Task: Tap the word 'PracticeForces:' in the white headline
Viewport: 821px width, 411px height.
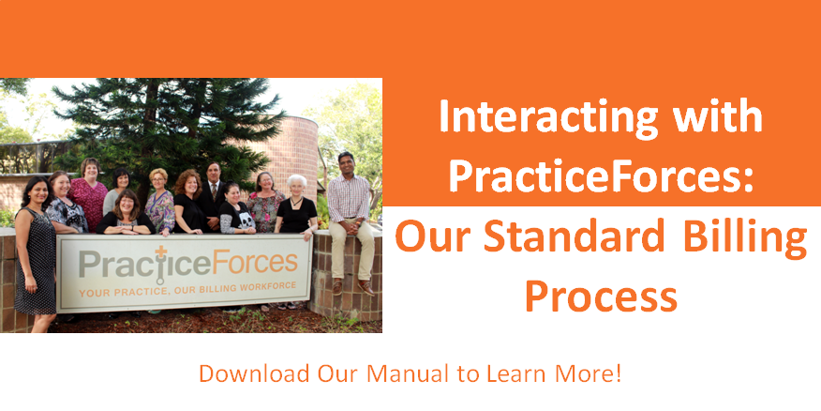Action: pyautogui.click(x=601, y=175)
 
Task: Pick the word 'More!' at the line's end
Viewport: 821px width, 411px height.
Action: pyautogui.click(x=590, y=373)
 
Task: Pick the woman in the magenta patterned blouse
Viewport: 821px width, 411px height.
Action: pyautogui.click(x=90, y=196)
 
